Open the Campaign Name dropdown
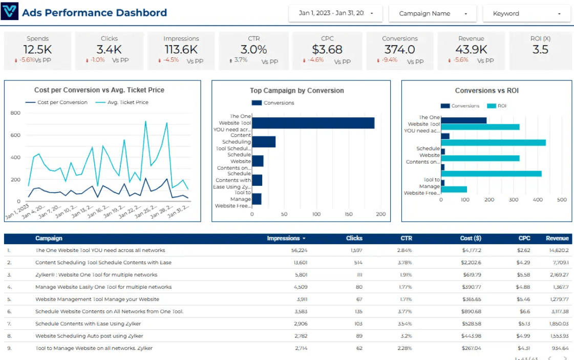[x=433, y=14]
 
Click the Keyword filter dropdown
[x=526, y=14]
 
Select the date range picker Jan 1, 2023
[x=335, y=13]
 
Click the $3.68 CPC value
[x=327, y=50]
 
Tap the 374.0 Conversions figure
[x=400, y=50]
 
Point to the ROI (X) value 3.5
[x=540, y=50]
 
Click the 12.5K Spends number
[x=38, y=50]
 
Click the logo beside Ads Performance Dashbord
[x=10, y=11]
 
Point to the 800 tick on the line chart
[x=15, y=113]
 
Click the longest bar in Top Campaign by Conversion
[x=313, y=123]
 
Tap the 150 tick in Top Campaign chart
[x=349, y=215]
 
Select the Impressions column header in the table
[x=283, y=238]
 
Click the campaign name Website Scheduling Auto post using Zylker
[x=89, y=336]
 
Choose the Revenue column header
[x=557, y=238]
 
